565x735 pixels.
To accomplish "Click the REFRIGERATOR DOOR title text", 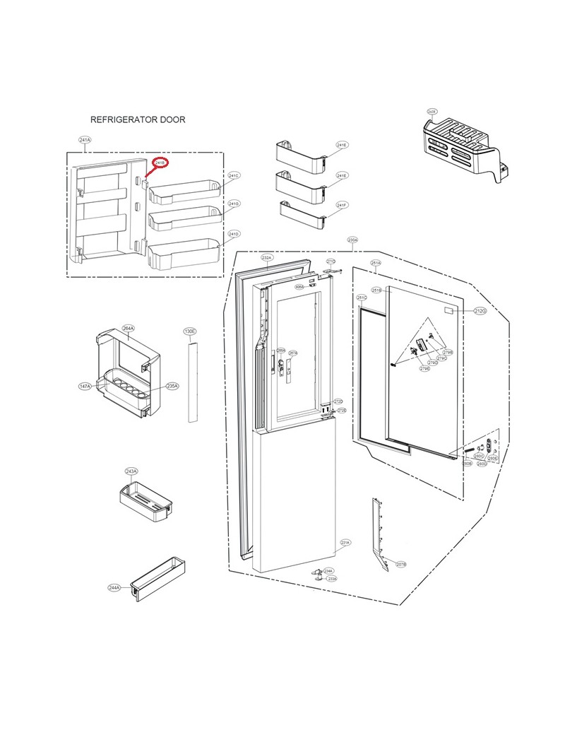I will (138, 119).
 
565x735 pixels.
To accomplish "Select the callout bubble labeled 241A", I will (84, 141).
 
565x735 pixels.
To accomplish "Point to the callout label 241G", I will (234, 204).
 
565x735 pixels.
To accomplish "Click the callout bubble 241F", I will (342, 205).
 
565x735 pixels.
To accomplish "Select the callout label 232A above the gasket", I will (266, 258).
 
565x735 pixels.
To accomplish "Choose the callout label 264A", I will (128, 329).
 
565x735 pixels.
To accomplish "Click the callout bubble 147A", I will (85, 387).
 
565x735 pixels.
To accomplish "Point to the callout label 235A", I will (172, 387).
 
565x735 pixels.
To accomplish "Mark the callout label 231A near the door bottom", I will (345, 543).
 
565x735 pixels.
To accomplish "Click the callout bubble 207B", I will (400, 564).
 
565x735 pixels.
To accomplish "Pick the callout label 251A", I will (376, 263).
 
